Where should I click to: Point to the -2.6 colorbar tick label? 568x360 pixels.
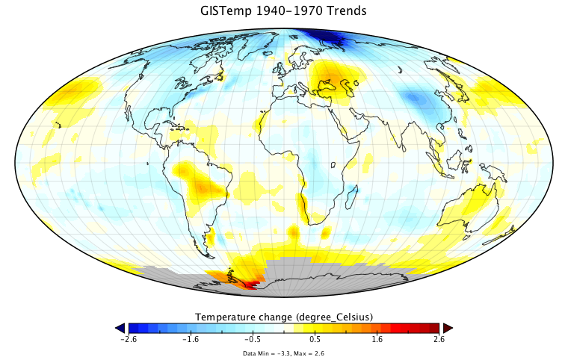(129, 339)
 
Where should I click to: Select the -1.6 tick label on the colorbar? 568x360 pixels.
(191, 339)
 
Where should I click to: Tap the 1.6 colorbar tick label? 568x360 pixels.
(377, 339)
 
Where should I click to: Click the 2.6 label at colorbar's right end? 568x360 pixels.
(439, 339)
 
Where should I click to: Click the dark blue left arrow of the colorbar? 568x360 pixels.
(120, 328)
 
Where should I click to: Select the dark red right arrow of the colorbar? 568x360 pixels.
(447, 328)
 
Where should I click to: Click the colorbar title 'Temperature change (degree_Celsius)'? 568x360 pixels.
(284, 317)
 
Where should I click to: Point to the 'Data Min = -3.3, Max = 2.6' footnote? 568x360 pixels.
(284, 353)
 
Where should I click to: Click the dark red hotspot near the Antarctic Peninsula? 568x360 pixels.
(250, 283)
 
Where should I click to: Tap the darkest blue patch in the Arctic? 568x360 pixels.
(321, 37)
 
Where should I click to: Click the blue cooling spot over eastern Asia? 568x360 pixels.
(416, 98)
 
